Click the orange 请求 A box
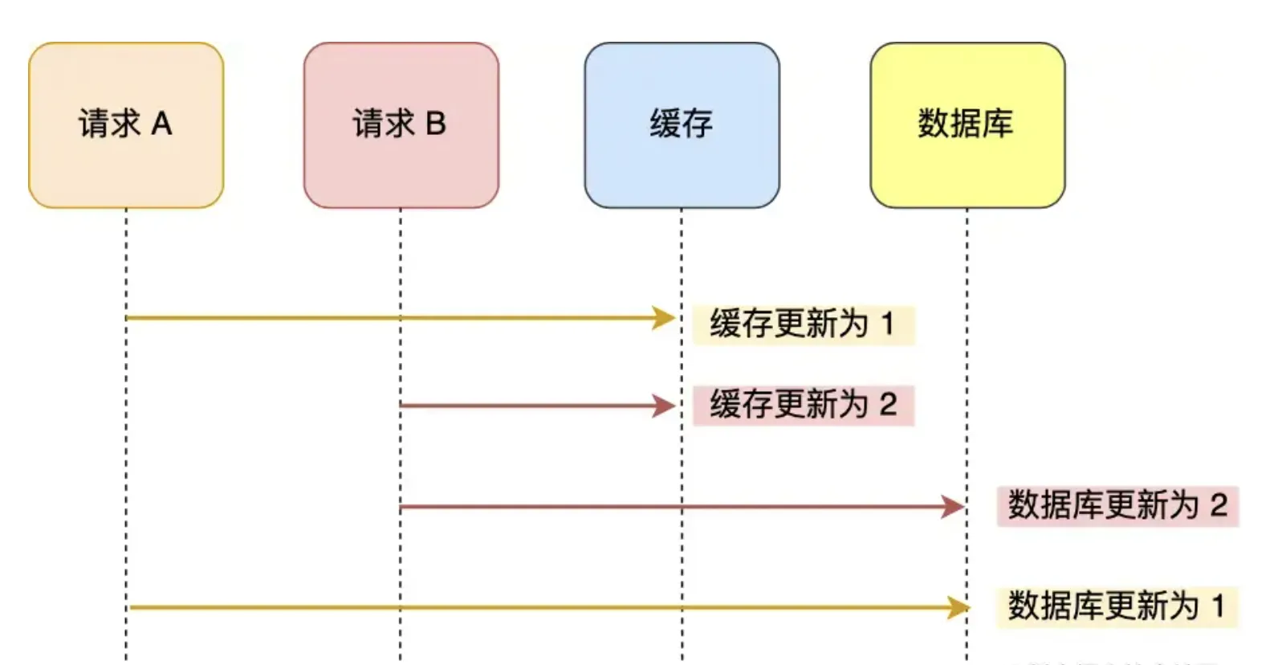pyautogui.click(x=126, y=125)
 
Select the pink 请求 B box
pyautogui.click(x=401, y=125)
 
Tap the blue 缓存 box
pyautogui.click(x=682, y=125)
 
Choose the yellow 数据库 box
pyautogui.click(x=967, y=125)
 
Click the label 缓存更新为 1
pyautogui.click(x=803, y=324)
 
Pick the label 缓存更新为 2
pyautogui.click(x=803, y=405)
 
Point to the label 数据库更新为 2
pyautogui.click(x=1117, y=506)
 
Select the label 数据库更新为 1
pyautogui.click(x=1116, y=606)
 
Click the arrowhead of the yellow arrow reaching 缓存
pyautogui.click(x=665, y=318)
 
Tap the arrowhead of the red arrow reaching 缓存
pyautogui.click(x=665, y=406)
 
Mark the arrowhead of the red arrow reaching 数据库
pyautogui.click(x=954, y=507)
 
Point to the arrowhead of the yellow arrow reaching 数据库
pyautogui.click(x=958, y=607)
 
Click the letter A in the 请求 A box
pyautogui.click(x=161, y=124)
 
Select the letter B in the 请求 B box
pyautogui.click(x=436, y=124)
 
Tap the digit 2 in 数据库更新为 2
pyautogui.click(x=1219, y=506)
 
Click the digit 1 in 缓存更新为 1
pyautogui.click(x=887, y=324)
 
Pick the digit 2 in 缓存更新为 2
pyautogui.click(x=887, y=405)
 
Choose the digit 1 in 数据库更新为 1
pyautogui.click(x=1219, y=606)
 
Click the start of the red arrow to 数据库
pyautogui.click(x=402, y=507)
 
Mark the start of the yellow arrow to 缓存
pyautogui.click(x=128, y=318)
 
